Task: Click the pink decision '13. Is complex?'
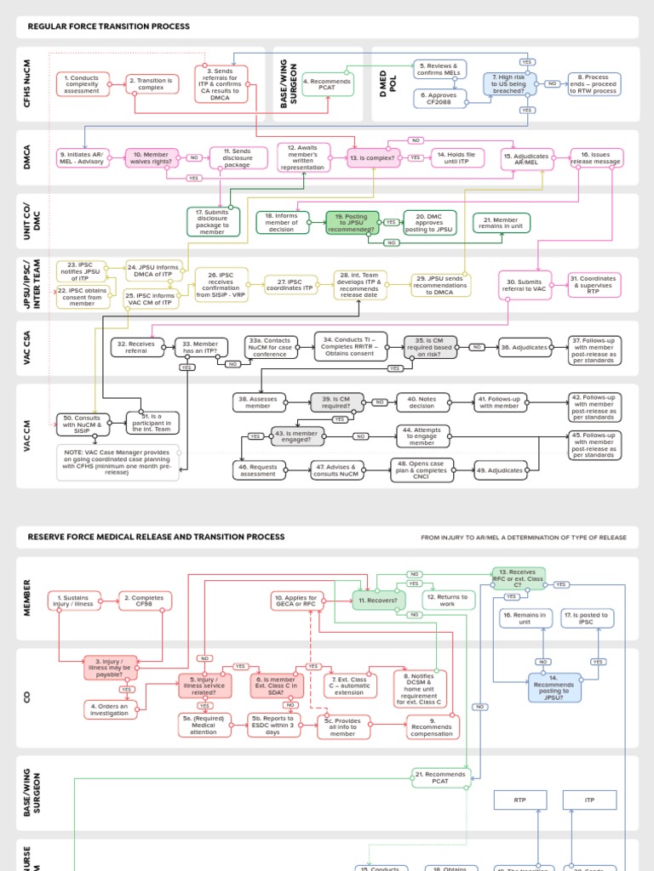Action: [x=373, y=157]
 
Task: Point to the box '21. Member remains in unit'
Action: [x=501, y=223]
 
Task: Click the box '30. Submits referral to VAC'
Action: [x=525, y=287]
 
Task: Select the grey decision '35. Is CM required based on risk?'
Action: [x=430, y=347]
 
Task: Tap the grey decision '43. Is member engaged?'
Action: [x=297, y=436]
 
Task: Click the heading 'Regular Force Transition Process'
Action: [x=108, y=26]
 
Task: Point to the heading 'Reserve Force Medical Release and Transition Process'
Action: [x=156, y=537]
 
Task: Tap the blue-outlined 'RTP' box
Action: [x=519, y=800]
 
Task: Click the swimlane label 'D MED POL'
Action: [x=383, y=83]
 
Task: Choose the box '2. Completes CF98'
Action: [x=145, y=601]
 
